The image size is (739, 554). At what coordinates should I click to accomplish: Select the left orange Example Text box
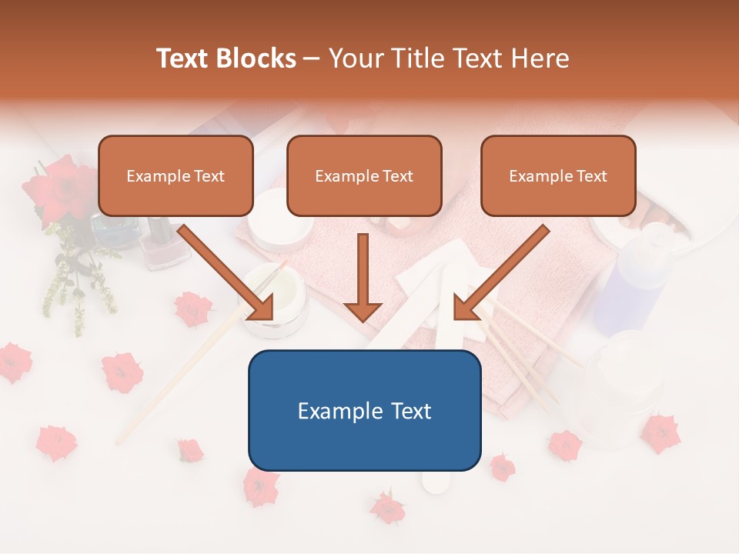coord(176,175)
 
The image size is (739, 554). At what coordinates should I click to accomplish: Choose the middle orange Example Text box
coord(364,175)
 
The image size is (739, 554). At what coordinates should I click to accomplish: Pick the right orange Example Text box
coord(558,175)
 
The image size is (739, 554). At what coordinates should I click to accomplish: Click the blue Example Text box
coord(364,410)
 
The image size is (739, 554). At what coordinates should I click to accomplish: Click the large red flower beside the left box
coord(62,189)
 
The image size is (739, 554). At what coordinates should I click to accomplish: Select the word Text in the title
coord(186,58)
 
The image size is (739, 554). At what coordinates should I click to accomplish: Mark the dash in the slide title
coord(312,58)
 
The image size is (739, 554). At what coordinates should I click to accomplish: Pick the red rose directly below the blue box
coord(387,508)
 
